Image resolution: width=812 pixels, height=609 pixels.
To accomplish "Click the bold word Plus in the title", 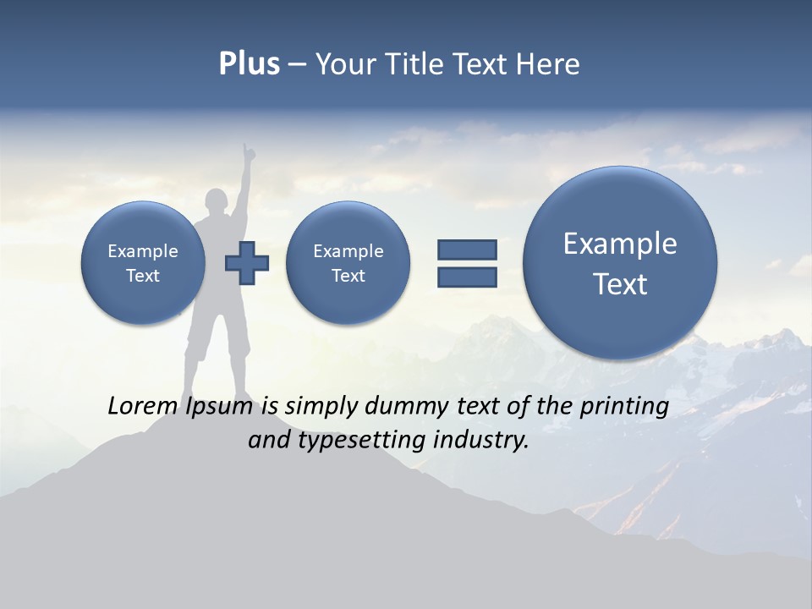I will [x=249, y=64].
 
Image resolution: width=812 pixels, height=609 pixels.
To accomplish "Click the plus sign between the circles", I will [x=247, y=263].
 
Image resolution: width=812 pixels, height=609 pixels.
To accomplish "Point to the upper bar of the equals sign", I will [x=467, y=250].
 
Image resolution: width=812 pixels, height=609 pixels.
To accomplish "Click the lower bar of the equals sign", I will [x=467, y=277].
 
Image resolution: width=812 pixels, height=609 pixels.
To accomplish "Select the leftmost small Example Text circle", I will [x=143, y=263].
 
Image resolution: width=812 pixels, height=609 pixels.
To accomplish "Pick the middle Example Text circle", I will [x=348, y=263].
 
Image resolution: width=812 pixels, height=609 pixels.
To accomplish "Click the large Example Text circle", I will [x=620, y=262].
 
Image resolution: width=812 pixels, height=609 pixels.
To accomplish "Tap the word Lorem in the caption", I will [x=140, y=407].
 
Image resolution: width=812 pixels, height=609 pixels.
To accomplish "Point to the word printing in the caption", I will [x=624, y=407].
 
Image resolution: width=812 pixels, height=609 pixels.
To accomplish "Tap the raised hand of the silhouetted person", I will [x=247, y=152].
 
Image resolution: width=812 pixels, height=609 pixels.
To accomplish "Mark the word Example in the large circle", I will [x=620, y=244].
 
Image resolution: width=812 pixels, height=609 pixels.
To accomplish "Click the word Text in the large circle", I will [x=620, y=284].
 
